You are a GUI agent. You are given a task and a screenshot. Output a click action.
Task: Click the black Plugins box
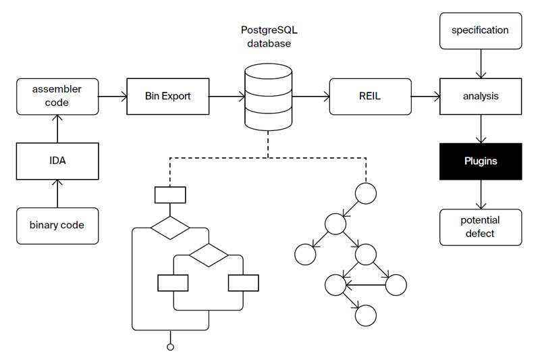(x=480, y=161)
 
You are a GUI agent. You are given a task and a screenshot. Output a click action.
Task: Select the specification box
(x=480, y=30)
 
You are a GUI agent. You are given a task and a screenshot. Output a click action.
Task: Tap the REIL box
(x=369, y=96)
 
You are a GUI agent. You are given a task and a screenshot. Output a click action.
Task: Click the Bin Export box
(x=167, y=96)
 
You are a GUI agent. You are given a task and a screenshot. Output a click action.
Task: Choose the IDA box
(x=57, y=161)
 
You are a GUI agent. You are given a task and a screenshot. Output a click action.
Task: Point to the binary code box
(x=57, y=225)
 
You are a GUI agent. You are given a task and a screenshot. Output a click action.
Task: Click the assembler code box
(x=57, y=96)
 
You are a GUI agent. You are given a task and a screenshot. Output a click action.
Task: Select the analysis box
(x=480, y=96)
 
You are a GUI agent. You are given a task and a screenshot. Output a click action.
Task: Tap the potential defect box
(x=480, y=227)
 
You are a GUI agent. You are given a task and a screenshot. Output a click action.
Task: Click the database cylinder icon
(x=268, y=97)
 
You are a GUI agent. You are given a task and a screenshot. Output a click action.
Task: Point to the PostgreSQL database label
(x=268, y=36)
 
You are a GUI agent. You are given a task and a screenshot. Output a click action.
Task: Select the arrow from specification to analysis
(x=480, y=63)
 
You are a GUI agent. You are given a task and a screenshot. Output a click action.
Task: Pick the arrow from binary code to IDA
(x=57, y=194)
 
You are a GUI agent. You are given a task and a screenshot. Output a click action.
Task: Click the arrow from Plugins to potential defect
(x=480, y=195)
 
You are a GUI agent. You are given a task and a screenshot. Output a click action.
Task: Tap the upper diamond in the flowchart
(x=170, y=227)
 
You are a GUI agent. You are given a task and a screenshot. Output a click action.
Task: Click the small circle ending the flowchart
(x=170, y=347)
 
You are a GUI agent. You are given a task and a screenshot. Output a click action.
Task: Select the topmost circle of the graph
(x=365, y=193)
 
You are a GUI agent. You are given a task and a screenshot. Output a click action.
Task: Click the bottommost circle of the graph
(x=365, y=314)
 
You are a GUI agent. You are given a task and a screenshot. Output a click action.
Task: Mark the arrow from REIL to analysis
(x=425, y=96)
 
